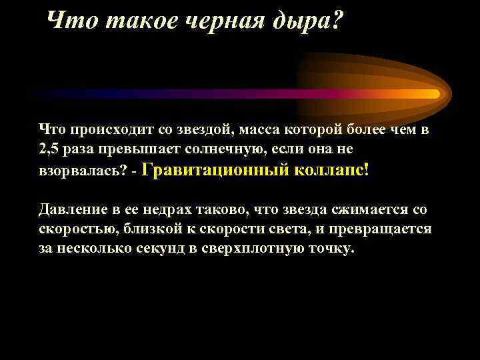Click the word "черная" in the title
pos(221,22)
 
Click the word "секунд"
pos(155,249)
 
